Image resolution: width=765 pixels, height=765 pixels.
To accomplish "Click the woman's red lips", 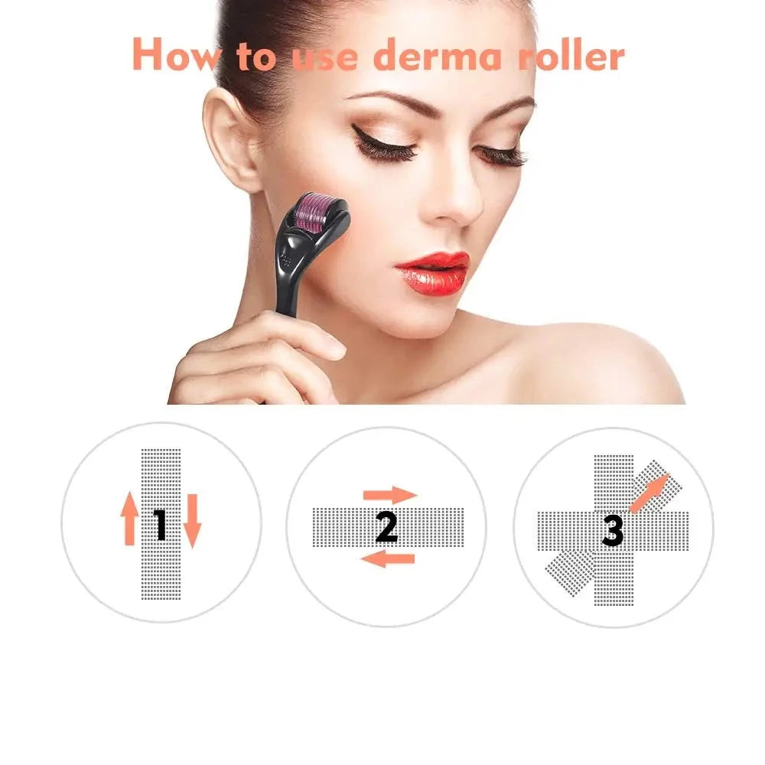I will tap(432, 272).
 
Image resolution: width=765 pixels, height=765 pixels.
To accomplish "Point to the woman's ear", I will tap(233, 142).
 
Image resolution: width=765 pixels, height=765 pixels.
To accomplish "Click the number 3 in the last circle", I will tap(612, 529).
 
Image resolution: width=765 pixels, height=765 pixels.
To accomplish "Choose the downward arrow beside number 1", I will tap(191, 520).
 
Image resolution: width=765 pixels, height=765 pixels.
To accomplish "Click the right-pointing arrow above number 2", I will tap(389, 495).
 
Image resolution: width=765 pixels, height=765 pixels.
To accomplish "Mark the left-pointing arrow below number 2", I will tap(387, 559).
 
